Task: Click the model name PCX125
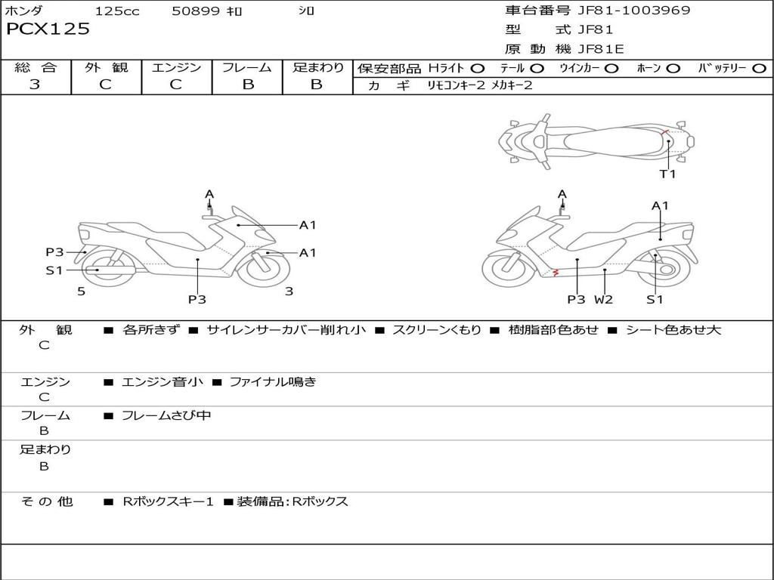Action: click(48, 29)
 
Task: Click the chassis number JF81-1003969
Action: click(634, 10)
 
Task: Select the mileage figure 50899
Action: click(196, 11)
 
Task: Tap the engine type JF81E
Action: click(601, 49)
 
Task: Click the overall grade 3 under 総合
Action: click(35, 84)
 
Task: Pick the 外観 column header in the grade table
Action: click(106, 67)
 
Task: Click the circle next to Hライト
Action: click(477, 69)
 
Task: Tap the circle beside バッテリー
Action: click(759, 69)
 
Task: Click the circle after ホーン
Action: click(673, 69)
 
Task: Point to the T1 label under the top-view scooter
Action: click(667, 174)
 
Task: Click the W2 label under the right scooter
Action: click(603, 299)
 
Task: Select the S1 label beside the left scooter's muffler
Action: click(54, 270)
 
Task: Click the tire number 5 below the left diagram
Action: click(82, 292)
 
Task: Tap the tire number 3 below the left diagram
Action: click(289, 292)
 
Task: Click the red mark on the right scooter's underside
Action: click(556, 272)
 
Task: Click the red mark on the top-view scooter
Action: click(664, 131)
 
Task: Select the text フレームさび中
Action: click(166, 415)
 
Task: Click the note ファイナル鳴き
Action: click(272, 381)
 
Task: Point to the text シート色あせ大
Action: click(673, 329)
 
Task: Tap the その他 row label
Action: click(46, 501)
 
